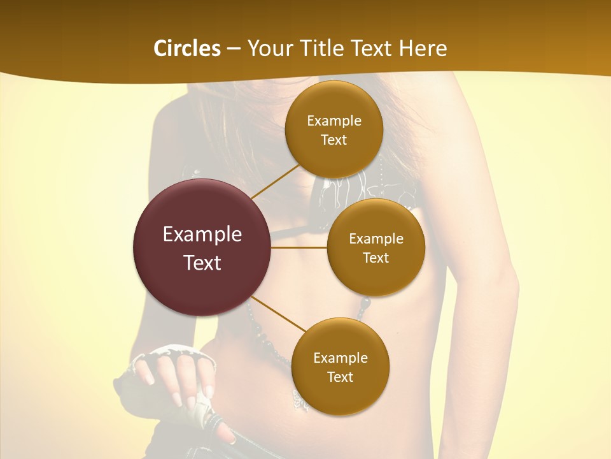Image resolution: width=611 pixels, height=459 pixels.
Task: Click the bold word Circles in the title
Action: pyautogui.click(x=186, y=48)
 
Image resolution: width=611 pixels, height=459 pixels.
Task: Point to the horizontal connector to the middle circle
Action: pyautogui.click(x=299, y=247)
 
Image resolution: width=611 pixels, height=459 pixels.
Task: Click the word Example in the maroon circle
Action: pyautogui.click(x=202, y=235)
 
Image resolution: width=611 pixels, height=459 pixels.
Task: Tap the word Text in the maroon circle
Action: pyautogui.click(x=202, y=263)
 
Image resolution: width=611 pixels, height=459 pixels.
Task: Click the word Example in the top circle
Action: pyautogui.click(x=334, y=121)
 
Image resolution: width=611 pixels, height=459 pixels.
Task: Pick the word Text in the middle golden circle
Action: pyautogui.click(x=376, y=258)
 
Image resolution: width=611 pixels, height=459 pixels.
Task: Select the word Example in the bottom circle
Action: pyautogui.click(x=341, y=358)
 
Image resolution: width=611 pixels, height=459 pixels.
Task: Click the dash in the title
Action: pyautogui.click(x=234, y=49)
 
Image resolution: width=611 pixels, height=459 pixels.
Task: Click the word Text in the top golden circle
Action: pyautogui.click(x=334, y=140)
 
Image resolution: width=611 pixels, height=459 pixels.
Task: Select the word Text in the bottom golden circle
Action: pyautogui.click(x=341, y=377)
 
